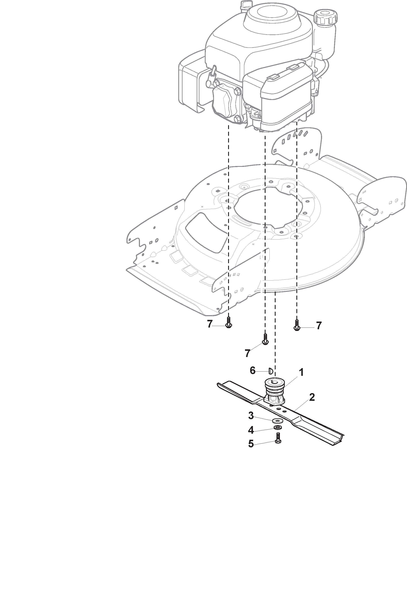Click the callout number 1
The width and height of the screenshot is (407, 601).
301,372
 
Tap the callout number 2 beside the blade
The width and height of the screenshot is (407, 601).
312,397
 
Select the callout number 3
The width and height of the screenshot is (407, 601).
251,416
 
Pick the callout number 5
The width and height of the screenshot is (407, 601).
251,444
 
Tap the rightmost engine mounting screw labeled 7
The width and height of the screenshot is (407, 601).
297,325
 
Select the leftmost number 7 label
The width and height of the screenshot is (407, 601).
209,324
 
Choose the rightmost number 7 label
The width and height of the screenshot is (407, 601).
319,326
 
